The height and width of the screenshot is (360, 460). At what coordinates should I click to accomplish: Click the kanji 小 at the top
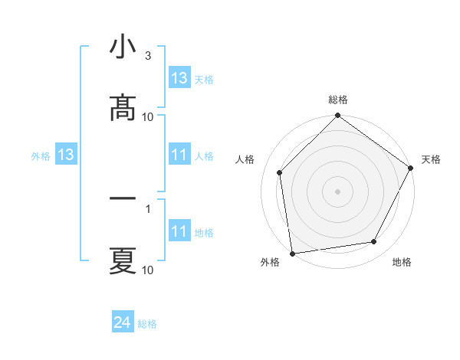point(123,47)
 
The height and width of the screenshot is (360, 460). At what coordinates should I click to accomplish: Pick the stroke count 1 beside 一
point(148,208)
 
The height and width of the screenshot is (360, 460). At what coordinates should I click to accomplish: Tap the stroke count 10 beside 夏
point(148,270)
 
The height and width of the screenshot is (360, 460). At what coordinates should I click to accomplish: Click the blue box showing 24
point(123,323)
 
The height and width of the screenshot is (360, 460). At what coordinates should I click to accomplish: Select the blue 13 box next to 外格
point(65,155)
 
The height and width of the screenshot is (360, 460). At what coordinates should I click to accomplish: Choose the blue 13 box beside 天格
point(179,78)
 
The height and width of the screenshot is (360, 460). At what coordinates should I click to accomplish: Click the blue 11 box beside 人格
point(179,155)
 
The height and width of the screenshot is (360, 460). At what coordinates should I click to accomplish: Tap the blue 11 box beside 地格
point(179,231)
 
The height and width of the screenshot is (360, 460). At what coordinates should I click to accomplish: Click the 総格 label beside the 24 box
point(147,324)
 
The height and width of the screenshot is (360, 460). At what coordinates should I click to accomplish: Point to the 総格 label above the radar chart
point(338,100)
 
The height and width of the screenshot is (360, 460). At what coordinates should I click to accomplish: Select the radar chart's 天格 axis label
point(431,159)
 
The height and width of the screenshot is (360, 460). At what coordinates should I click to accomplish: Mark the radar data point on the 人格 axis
point(280,172)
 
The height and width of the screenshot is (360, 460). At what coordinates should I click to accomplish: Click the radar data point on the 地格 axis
point(374,241)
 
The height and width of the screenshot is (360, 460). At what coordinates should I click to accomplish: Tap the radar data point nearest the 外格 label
point(292,253)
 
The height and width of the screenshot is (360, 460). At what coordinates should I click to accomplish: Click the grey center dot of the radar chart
point(337,191)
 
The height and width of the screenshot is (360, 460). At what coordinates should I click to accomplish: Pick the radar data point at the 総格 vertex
point(337,116)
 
